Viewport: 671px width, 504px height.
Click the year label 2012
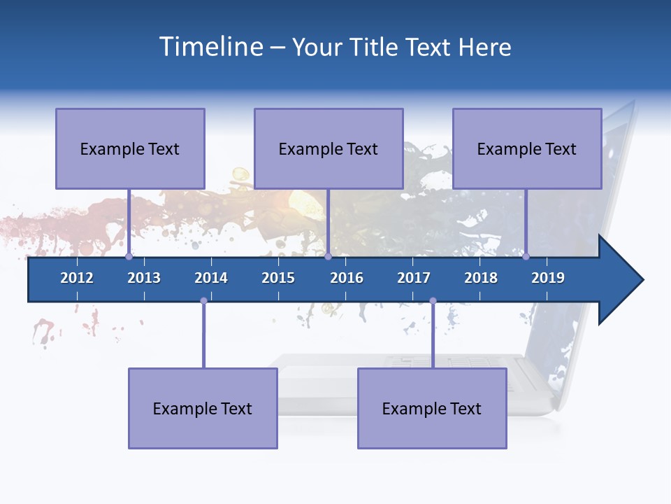click(x=77, y=278)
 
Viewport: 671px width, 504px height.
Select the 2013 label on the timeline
click(x=144, y=278)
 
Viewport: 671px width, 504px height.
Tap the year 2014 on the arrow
click(x=211, y=278)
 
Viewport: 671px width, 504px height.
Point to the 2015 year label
click(x=278, y=278)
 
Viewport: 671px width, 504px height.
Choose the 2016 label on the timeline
click(x=347, y=278)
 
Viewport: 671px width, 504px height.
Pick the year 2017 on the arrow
click(x=414, y=278)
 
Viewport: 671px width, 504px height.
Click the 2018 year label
click(x=481, y=278)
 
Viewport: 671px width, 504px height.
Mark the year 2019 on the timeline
click(x=548, y=278)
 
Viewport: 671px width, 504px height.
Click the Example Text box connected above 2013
click(x=130, y=148)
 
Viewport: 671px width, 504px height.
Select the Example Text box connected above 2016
click(x=329, y=148)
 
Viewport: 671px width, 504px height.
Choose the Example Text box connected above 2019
click(x=527, y=148)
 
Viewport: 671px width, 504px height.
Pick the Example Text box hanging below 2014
click(x=203, y=408)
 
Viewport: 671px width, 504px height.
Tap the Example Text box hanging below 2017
click(x=432, y=408)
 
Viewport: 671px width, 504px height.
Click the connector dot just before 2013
click(x=129, y=257)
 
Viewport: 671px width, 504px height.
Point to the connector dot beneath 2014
click(x=203, y=301)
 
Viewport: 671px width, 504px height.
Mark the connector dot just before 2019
click(x=526, y=257)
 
